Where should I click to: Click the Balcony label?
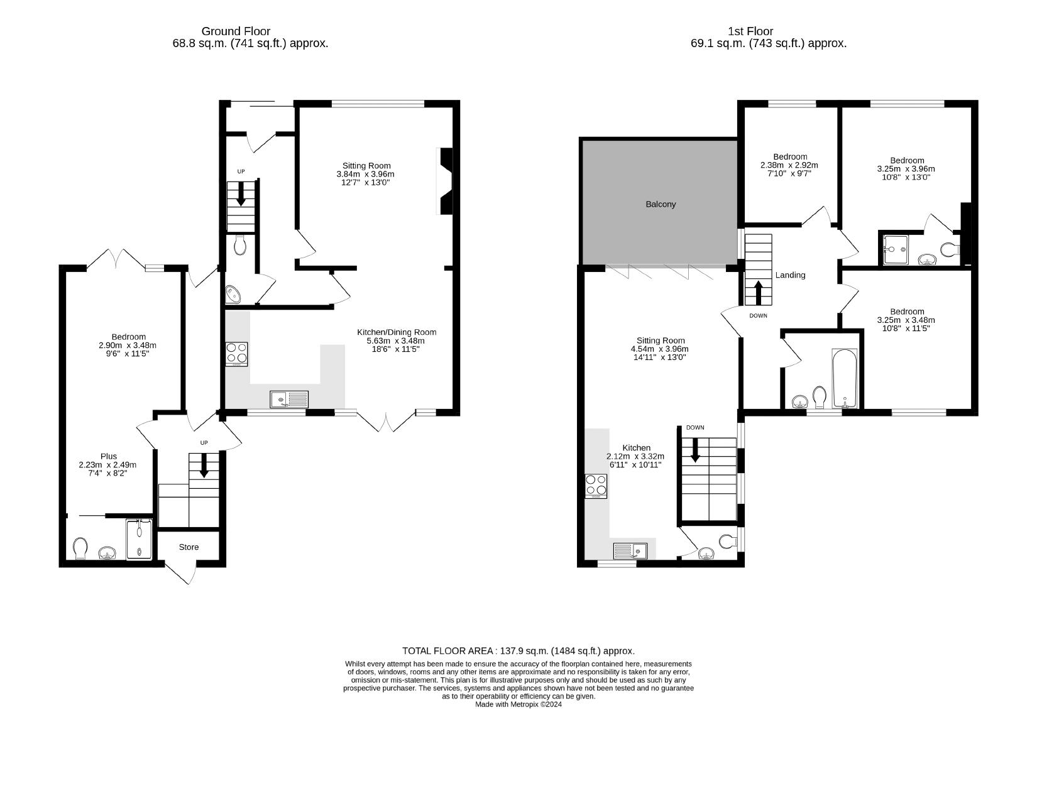click(x=661, y=204)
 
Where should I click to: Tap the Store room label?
click(x=189, y=547)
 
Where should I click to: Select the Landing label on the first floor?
click(x=790, y=275)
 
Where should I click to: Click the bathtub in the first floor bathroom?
click(x=845, y=379)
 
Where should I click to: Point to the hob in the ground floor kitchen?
click(x=237, y=354)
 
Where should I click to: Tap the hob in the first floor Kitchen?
click(x=596, y=486)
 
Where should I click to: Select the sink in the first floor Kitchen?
click(x=630, y=551)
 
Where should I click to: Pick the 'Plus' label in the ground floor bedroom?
click(x=109, y=456)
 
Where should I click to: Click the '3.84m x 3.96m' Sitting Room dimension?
click(x=366, y=174)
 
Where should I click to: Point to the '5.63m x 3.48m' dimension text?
click(x=395, y=341)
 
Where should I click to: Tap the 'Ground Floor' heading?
click(x=236, y=31)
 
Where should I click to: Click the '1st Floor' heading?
click(x=750, y=31)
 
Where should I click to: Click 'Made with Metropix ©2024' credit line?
click(x=518, y=704)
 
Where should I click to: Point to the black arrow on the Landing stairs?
click(x=759, y=293)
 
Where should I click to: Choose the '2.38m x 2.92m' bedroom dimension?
click(x=789, y=165)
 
